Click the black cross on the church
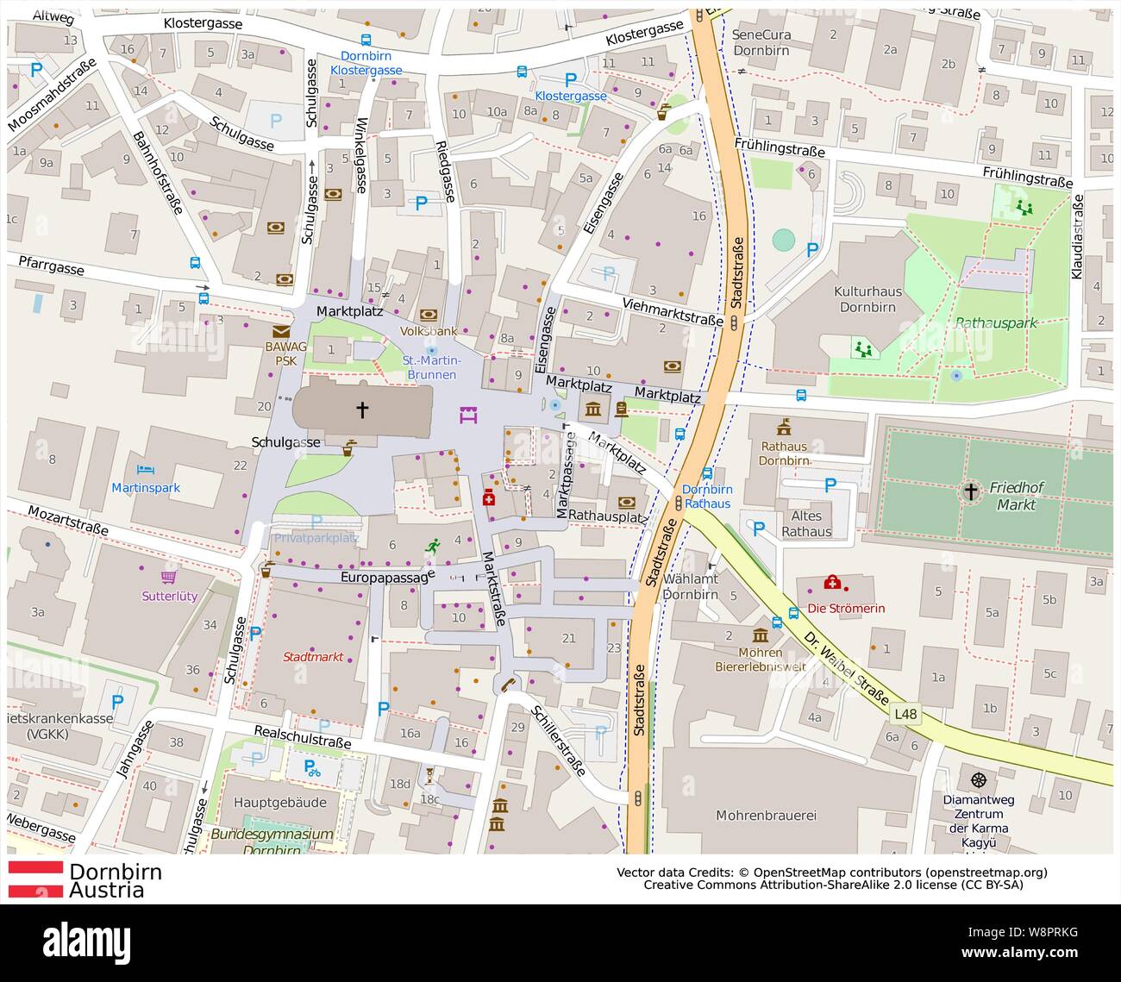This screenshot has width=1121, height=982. click(362, 410)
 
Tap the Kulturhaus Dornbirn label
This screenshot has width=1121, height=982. click(867, 299)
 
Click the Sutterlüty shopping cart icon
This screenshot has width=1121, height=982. click(168, 577)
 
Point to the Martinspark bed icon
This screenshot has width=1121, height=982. click(146, 470)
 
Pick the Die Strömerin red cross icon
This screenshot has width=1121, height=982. click(832, 583)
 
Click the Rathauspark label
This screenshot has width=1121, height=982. click(996, 323)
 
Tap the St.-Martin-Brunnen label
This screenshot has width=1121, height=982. click(432, 367)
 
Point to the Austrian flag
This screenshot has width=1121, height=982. click(35, 879)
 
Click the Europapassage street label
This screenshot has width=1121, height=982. click(385, 577)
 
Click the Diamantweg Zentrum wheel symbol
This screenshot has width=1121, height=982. click(978, 779)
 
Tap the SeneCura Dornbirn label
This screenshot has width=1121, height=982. click(761, 42)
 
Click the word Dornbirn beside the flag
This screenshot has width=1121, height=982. click(116, 871)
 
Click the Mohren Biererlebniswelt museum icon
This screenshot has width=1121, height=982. click(761, 635)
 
